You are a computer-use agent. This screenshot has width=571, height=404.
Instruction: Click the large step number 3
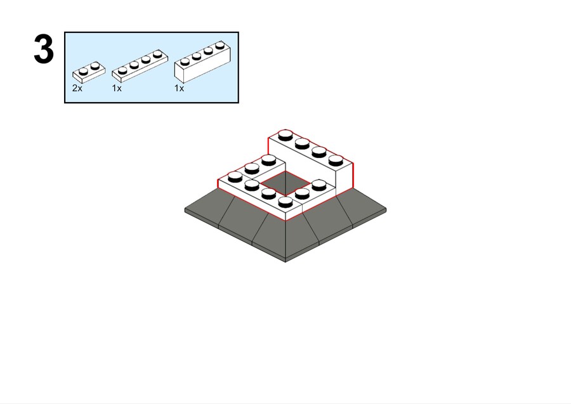click(44, 49)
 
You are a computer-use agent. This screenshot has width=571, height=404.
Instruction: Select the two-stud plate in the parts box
click(89, 72)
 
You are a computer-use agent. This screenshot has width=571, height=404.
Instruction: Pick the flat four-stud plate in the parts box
click(140, 66)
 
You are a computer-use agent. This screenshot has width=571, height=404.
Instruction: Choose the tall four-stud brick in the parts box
click(202, 62)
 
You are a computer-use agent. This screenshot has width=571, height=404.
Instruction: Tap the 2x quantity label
click(77, 88)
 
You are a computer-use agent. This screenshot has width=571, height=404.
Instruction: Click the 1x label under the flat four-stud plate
click(117, 88)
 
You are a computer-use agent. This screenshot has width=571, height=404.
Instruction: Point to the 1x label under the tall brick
click(179, 88)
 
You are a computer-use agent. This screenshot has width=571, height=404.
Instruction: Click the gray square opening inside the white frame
click(286, 183)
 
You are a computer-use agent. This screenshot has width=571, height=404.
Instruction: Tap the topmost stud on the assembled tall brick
click(285, 135)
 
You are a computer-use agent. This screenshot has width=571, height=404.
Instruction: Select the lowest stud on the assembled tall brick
click(336, 160)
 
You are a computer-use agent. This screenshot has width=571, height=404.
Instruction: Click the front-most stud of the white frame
click(285, 201)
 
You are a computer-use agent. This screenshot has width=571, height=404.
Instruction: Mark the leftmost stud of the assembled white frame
click(235, 177)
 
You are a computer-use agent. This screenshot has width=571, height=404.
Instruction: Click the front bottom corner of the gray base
click(285, 261)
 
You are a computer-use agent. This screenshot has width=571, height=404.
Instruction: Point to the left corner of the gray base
click(185, 210)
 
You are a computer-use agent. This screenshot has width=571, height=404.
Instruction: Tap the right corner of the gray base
click(386, 209)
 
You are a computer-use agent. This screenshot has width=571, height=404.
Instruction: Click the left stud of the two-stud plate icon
click(83, 70)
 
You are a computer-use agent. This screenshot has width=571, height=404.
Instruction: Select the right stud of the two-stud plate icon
click(95, 65)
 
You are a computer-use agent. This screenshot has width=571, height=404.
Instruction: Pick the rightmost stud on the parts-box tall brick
click(220, 45)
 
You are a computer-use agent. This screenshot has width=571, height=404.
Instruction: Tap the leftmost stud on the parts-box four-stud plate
click(122, 70)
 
